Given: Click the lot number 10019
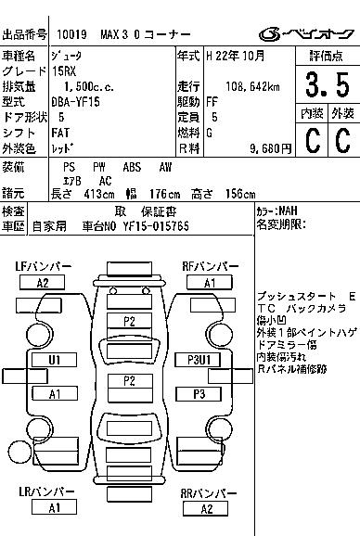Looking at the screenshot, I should [71, 33].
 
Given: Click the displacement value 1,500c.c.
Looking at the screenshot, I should [84, 86].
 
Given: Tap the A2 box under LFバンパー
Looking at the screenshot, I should [42, 282].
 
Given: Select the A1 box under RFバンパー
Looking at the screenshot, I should [209, 282].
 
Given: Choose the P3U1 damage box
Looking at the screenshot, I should [199, 359].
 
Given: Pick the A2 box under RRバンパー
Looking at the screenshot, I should [206, 508].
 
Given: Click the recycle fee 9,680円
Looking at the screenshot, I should [271, 147].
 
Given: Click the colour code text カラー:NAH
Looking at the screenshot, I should [276, 211].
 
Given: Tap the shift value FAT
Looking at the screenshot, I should [60, 133].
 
